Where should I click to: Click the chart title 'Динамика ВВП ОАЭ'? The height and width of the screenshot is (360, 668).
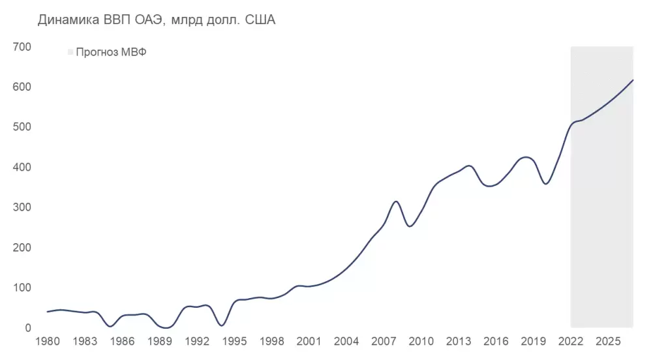(157, 20)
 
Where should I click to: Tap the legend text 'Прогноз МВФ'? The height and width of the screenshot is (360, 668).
(111, 53)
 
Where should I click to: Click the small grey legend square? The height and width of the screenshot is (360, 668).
(70, 53)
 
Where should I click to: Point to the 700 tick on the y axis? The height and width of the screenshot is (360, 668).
(22, 47)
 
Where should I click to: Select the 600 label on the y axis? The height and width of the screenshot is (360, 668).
(22, 87)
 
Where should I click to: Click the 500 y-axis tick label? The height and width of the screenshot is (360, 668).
(22, 127)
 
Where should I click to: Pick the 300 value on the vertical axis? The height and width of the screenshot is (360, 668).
(22, 207)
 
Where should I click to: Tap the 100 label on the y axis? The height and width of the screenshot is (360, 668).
(22, 288)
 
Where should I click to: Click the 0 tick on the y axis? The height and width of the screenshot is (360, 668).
(27, 328)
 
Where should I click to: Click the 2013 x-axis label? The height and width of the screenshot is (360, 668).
(459, 342)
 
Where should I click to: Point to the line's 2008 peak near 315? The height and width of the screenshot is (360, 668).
(396, 202)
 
